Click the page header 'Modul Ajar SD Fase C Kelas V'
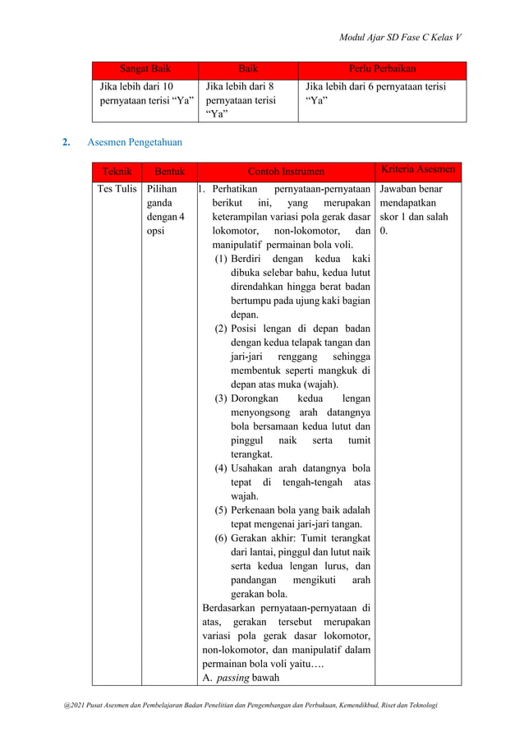tap(400, 38)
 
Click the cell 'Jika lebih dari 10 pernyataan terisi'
tap(145, 93)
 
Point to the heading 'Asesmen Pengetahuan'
tap(135, 143)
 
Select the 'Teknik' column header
tap(116, 172)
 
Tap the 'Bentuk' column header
tap(169, 172)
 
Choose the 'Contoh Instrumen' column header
tap(286, 172)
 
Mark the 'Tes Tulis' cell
tap(117, 189)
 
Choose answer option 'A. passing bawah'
tap(241, 678)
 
